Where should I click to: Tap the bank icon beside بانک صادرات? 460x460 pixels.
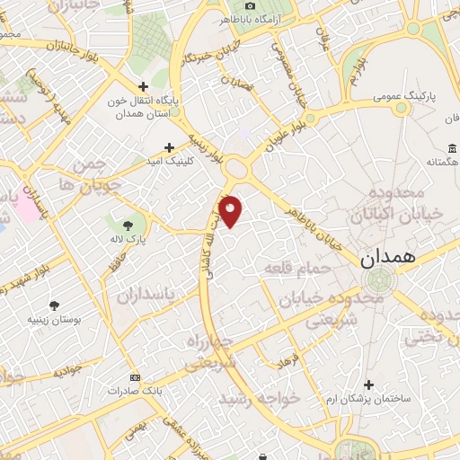coord(135,377)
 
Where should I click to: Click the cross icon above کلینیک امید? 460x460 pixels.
coord(168,147)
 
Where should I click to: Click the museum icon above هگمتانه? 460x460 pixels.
coord(449,147)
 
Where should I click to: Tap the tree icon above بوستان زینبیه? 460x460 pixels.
coord(56,305)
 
